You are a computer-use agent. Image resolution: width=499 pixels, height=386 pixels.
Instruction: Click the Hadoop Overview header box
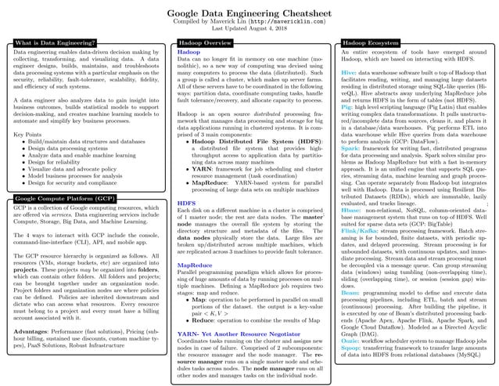coord(205,42)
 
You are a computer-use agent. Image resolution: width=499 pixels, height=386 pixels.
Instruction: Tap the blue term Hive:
coord(349,72)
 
